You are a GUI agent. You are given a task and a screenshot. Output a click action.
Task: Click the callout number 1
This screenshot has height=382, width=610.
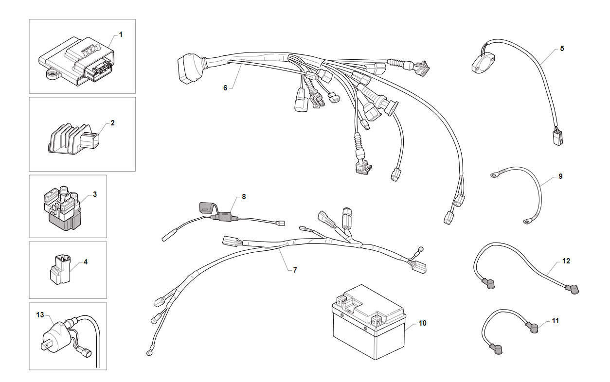pyautogui.click(x=121, y=35)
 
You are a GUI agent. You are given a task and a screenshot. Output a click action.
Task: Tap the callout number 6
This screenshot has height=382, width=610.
pyautogui.click(x=225, y=88)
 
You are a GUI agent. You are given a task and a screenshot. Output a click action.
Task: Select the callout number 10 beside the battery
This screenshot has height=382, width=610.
pyautogui.click(x=422, y=323)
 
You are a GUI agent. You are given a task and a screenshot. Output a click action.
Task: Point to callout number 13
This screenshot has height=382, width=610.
pyautogui.click(x=40, y=315)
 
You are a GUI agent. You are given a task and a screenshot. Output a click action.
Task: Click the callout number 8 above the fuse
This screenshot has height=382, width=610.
pyautogui.click(x=244, y=197)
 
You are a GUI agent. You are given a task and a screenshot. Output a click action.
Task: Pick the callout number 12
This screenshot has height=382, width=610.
pyautogui.click(x=566, y=261)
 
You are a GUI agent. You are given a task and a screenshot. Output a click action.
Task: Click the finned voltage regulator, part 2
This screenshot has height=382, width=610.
pyautogui.click(x=73, y=139)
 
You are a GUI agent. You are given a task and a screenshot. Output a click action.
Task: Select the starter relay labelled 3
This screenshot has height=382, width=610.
pyautogui.click(x=63, y=208)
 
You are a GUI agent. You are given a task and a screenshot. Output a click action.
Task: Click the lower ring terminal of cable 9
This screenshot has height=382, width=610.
pyautogui.click(x=527, y=222)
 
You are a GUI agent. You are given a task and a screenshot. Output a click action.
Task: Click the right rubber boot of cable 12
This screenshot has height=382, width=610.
pyautogui.click(x=572, y=290)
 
